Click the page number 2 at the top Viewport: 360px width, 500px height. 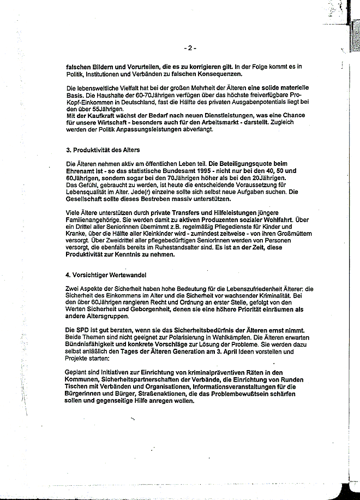(x=190, y=48)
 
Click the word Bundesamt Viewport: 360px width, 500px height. (x=156, y=170)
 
